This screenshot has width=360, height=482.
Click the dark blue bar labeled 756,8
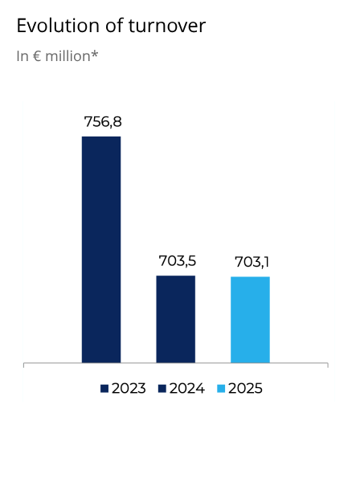[101, 249]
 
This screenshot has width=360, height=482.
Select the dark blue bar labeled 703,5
[175, 319]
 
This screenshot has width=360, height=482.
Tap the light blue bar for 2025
[250, 320]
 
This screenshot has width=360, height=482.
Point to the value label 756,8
[102, 122]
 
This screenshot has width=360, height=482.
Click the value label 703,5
[176, 261]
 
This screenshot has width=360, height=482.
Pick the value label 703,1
[251, 262]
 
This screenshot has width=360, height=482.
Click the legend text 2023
[129, 389]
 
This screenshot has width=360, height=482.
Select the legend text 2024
[186, 389]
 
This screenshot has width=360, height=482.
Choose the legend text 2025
[245, 389]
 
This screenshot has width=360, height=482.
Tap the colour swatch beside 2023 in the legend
[104, 389]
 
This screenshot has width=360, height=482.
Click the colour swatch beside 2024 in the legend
[162, 389]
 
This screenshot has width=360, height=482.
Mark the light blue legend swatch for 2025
[221, 389]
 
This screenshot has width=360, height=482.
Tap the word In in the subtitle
[22, 56]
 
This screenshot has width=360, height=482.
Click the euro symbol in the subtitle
[37, 56]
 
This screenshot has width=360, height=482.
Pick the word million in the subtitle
[67, 56]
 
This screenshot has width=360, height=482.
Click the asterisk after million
[95, 54]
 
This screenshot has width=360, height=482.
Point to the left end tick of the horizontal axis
[24, 366]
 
